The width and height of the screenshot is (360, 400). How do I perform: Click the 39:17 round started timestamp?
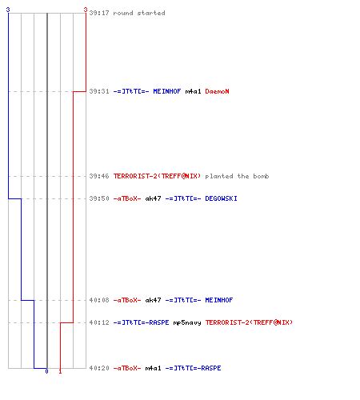(99, 13)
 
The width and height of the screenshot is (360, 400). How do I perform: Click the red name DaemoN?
(217, 91)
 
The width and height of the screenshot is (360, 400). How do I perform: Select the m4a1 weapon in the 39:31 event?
(193, 91)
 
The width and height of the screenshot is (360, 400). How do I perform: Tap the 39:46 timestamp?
(99, 176)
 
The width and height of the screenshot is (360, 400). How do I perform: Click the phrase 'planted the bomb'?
(237, 176)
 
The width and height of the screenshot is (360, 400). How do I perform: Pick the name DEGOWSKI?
(221, 198)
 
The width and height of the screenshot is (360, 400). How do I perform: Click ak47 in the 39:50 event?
(153, 198)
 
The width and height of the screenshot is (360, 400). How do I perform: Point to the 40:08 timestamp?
(99, 300)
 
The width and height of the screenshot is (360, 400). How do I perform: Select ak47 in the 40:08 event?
(153, 300)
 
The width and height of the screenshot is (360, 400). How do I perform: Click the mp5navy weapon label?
(187, 323)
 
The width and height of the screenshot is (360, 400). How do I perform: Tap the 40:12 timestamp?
(99, 322)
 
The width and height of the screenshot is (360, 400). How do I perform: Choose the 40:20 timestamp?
(99, 368)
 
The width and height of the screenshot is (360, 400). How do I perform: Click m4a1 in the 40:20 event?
(153, 368)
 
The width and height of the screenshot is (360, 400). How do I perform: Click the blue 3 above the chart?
(8, 10)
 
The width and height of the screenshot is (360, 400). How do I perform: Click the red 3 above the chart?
(86, 10)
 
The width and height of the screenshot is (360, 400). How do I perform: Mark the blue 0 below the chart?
(46, 371)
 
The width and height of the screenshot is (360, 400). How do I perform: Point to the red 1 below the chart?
(60, 371)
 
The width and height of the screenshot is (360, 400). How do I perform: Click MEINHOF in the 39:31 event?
(167, 91)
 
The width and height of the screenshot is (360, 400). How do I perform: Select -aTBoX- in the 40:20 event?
(127, 368)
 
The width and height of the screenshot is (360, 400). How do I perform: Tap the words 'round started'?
(139, 13)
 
